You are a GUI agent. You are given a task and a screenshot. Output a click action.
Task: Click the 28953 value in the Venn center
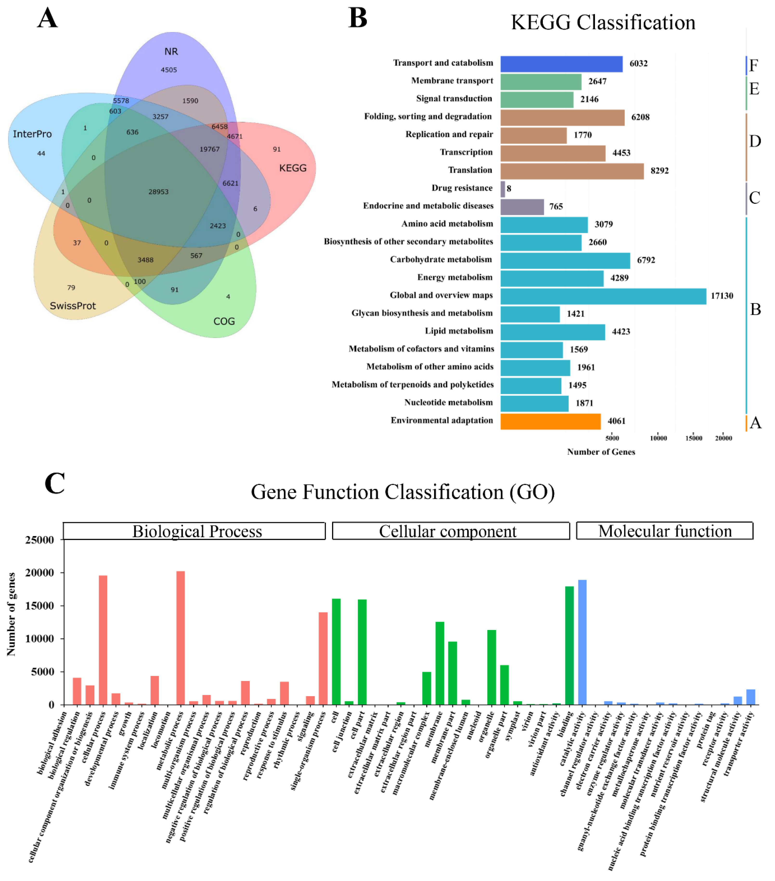point(158,192)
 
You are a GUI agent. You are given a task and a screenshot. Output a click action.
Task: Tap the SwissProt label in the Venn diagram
point(73,306)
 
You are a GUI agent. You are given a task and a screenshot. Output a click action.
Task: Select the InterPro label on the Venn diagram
point(32,134)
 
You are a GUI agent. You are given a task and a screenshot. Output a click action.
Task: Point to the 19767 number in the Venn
point(209,149)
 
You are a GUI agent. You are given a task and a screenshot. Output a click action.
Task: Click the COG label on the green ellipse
point(224,322)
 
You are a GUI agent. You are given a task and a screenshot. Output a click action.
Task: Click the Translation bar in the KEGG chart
point(572,171)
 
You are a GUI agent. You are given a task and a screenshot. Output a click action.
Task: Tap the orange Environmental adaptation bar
point(550,422)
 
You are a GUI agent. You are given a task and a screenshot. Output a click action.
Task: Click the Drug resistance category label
point(462,188)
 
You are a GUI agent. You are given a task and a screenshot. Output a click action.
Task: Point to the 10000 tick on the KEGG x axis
point(658,438)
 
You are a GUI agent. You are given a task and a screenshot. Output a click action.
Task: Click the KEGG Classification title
point(603,22)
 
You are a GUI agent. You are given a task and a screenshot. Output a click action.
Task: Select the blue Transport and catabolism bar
point(561,64)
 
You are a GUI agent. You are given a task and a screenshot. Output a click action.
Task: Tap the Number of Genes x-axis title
point(600,452)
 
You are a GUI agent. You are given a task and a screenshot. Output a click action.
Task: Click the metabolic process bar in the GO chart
point(181,638)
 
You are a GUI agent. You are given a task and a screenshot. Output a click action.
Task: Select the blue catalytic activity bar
point(582,642)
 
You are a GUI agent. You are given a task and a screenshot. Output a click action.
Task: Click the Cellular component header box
point(451,531)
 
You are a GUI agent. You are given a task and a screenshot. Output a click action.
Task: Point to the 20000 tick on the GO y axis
point(40,573)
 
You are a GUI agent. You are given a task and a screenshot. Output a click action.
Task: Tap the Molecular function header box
point(664,531)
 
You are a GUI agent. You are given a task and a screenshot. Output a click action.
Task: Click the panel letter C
point(55,484)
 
